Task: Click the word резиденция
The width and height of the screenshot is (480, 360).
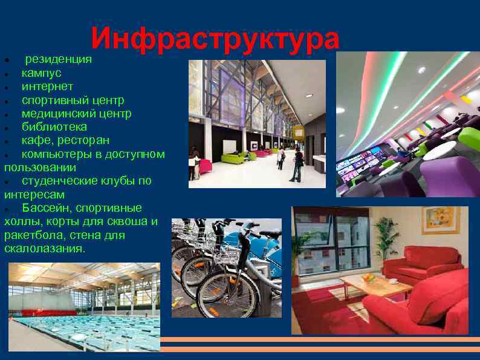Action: (x=58, y=59)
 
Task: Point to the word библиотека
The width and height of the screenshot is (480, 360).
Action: (x=54, y=127)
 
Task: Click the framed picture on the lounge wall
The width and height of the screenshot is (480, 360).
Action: (x=441, y=220)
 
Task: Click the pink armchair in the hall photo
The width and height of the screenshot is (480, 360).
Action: (x=205, y=166)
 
